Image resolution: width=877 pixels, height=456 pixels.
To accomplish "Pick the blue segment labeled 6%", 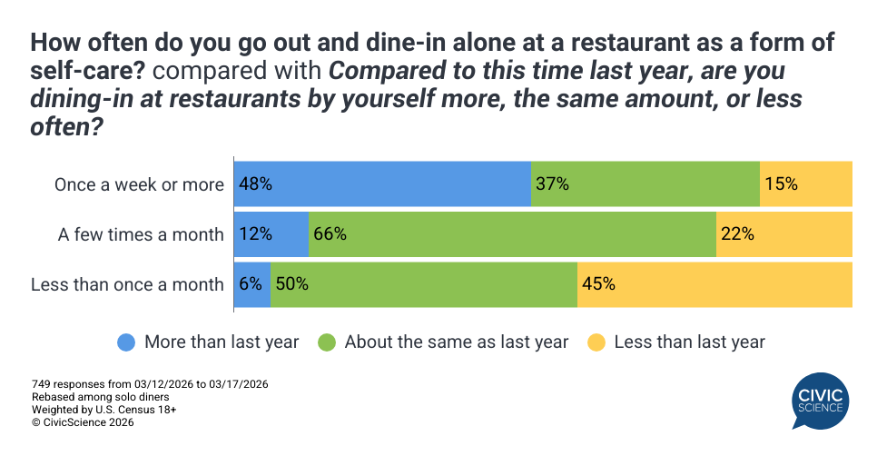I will point(252,284).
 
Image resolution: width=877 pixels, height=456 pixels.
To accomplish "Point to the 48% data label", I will point(256,184).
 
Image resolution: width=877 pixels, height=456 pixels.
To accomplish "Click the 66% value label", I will point(330,234).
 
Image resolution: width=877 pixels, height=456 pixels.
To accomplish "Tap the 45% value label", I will point(599,284).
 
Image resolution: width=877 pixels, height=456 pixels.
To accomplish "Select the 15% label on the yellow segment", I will point(781,184).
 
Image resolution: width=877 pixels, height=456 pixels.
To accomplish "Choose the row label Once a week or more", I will point(139,184).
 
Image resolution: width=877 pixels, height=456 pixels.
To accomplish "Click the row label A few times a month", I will point(141,234).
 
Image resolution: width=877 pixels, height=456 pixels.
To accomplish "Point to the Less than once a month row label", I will point(127,284).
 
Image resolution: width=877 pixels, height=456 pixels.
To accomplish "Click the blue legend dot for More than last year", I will point(127,342).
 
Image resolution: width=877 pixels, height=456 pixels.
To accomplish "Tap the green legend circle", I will point(327,342).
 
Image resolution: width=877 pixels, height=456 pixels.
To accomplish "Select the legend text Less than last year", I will point(689,342).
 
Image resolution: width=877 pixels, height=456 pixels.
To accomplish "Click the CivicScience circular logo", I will point(820,402).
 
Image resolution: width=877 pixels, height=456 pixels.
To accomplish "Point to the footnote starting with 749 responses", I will point(150,384).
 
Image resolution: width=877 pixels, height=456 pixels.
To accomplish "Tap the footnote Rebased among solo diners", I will point(100,397).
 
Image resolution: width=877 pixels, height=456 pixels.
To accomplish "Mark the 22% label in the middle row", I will point(737,234).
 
